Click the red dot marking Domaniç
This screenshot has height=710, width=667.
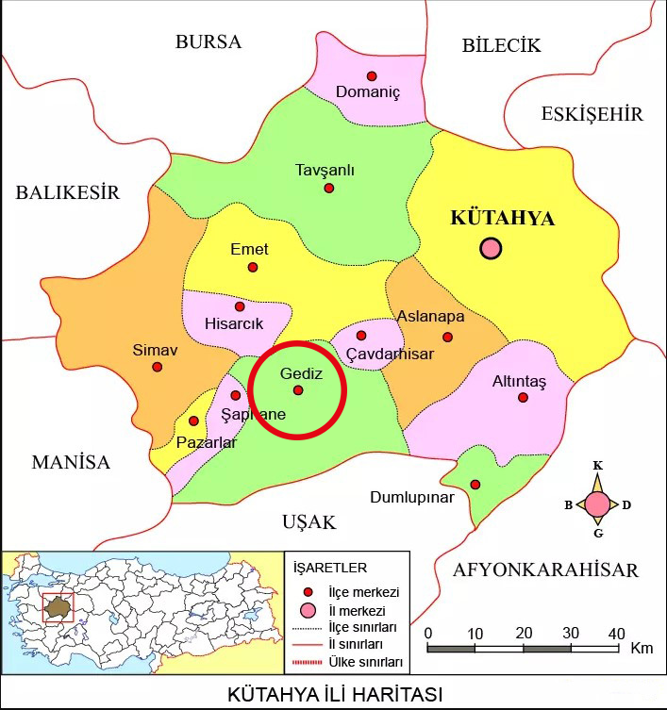pos(372,75)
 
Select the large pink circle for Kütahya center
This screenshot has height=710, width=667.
pos(491,249)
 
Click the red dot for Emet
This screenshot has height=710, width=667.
pos(253,267)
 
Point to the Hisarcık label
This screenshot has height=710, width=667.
pos(236,324)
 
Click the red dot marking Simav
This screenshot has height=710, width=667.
pos(158,367)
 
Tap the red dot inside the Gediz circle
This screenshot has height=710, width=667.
pos(298,390)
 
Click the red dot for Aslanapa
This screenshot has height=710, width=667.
pos(447,337)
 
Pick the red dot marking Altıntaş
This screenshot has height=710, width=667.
pos(524,397)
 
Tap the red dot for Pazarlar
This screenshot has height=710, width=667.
pos(193,421)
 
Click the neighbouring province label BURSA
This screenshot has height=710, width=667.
pos(208,41)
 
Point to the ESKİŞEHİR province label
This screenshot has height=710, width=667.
pos(592,114)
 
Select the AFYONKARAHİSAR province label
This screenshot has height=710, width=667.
pos(545,570)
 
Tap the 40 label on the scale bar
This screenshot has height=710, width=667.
pos(616,632)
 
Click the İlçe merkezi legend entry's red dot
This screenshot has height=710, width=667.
pos(307,592)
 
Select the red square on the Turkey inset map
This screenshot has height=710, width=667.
pos(58,607)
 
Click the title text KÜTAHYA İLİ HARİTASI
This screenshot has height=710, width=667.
pos(334,695)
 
